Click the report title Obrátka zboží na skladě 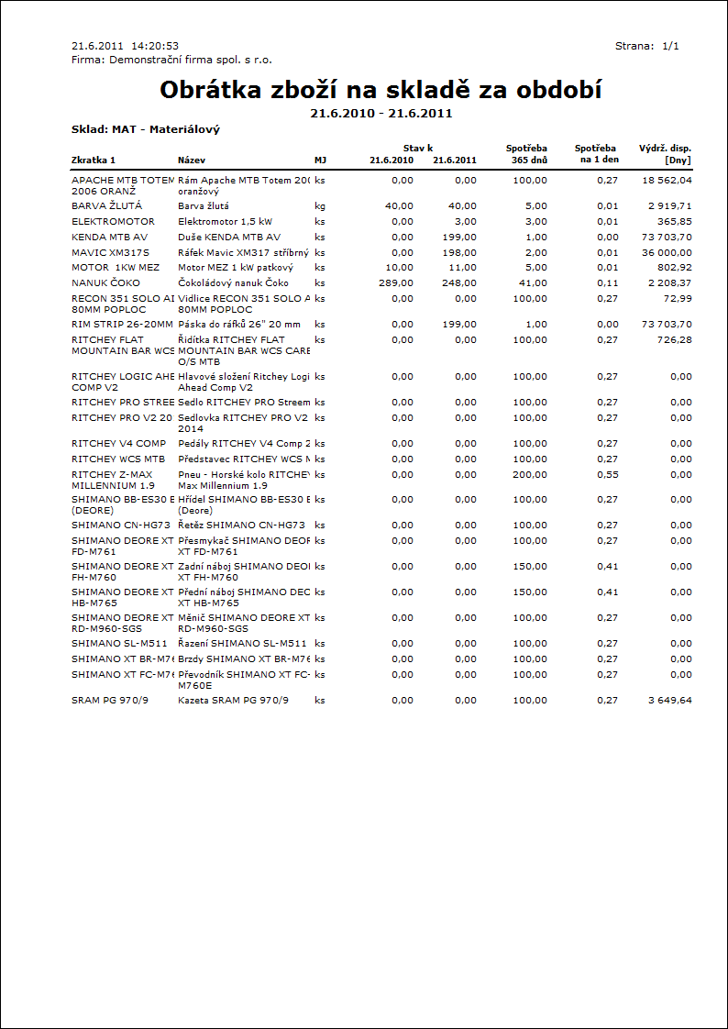coord(381,90)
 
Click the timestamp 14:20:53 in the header coord(154,45)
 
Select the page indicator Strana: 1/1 coord(646,45)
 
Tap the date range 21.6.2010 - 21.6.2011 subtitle coord(381,114)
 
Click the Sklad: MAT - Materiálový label coord(145,129)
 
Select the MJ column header coord(320,160)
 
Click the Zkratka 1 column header coord(94,160)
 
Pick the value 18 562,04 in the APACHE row coord(666,181)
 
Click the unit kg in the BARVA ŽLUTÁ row coord(319,206)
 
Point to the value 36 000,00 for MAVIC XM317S coord(666,252)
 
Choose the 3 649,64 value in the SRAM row coord(667,700)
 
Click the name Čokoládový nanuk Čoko coord(233,282)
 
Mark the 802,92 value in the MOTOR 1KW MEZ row coord(674,267)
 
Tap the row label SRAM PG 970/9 coord(109,700)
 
